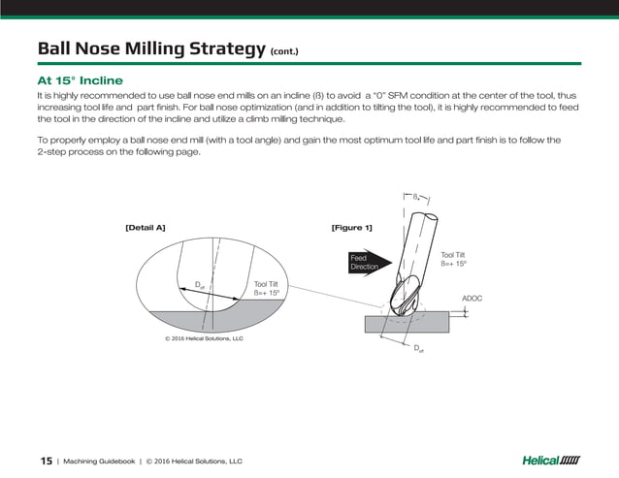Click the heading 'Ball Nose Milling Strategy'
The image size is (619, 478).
point(150,48)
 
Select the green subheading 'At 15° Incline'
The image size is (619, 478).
point(79,80)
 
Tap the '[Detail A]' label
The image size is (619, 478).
point(146,227)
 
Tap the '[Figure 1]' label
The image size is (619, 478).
point(351,227)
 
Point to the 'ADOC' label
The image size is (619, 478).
point(472,299)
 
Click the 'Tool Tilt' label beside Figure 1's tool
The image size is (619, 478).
point(454,254)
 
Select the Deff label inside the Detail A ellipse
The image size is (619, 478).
point(199,285)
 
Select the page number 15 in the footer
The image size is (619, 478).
point(46,461)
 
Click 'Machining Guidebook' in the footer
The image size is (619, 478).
point(101,462)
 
